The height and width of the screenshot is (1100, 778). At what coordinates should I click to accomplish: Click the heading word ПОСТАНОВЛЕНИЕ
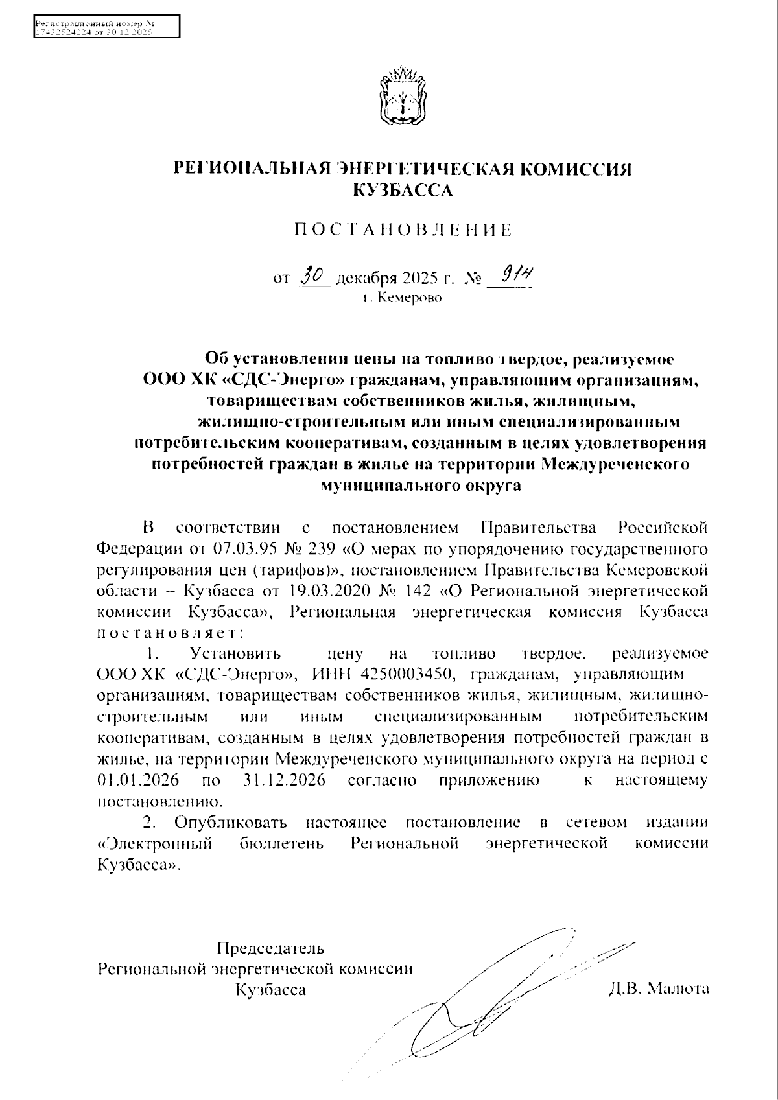click(x=402, y=229)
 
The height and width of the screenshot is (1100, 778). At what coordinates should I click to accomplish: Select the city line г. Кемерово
click(x=402, y=299)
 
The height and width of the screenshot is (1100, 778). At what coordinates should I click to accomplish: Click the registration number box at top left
click(x=106, y=27)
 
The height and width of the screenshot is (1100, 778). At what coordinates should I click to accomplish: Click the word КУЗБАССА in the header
click(x=402, y=191)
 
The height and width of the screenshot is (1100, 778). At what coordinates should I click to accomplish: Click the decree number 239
click(x=318, y=550)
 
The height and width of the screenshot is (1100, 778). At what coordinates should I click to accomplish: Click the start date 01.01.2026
click(x=138, y=780)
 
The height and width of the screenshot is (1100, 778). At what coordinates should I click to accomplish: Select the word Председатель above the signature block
click(x=270, y=948)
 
